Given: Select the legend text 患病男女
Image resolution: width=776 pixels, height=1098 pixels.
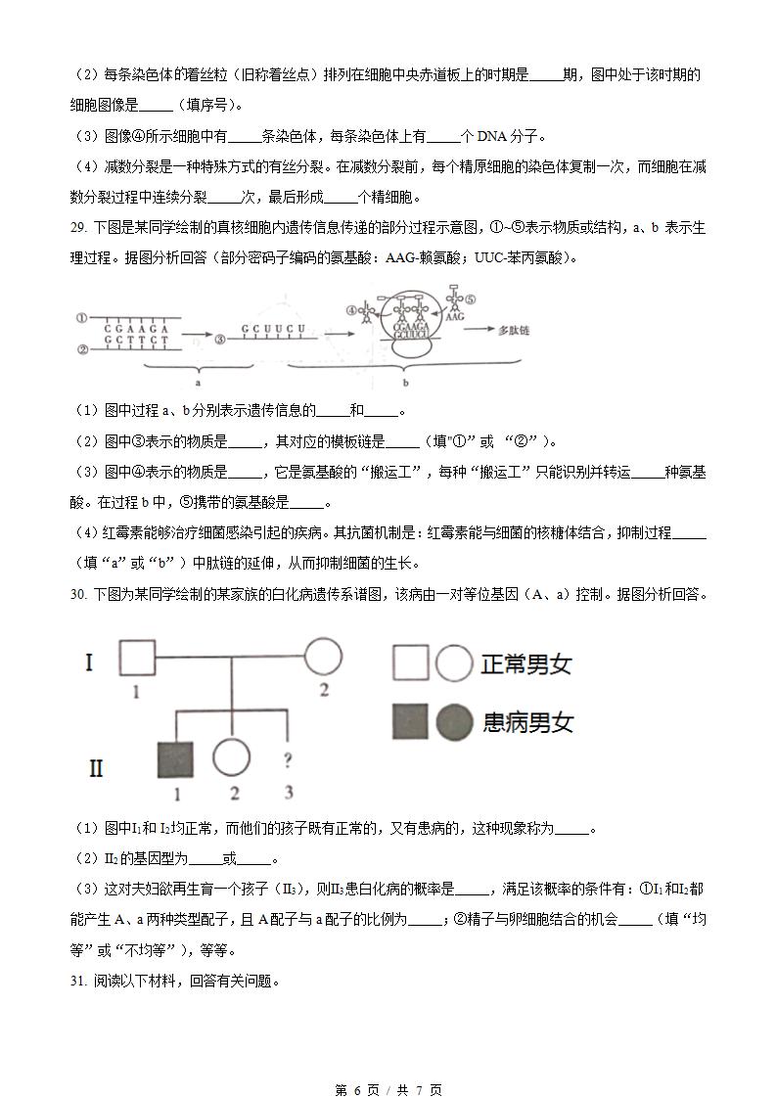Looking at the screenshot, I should click(526, 722).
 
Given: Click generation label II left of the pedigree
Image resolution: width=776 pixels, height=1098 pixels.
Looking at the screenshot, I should click(95, 767).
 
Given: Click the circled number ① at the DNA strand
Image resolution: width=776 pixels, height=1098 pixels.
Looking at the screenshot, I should click(84, 317).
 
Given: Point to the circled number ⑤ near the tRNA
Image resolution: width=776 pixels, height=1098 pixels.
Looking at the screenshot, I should click(470, 300).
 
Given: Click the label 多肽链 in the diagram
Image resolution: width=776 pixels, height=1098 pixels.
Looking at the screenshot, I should click(514, 331).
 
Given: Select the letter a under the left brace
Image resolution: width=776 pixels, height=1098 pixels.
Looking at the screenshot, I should click(197, 385).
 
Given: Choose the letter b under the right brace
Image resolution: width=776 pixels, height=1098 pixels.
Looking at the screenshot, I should click(405, 385).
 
